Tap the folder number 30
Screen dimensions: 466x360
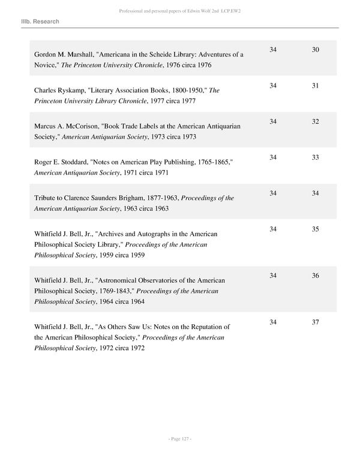point(316,49)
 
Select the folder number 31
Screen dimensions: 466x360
point(316,86)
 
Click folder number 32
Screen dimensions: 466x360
point(316,122)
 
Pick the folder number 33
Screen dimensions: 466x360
point(316,157)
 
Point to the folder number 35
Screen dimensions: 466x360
point(316,229)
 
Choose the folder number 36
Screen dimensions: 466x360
point(316,275)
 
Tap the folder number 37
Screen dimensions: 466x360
point(316,322)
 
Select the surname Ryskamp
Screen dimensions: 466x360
point(72,91)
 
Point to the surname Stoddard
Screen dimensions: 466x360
point(74,162)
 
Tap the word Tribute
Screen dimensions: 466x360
point(47,198)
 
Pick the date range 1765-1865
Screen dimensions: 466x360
point(212,162)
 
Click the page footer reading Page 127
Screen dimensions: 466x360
point(180,440)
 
